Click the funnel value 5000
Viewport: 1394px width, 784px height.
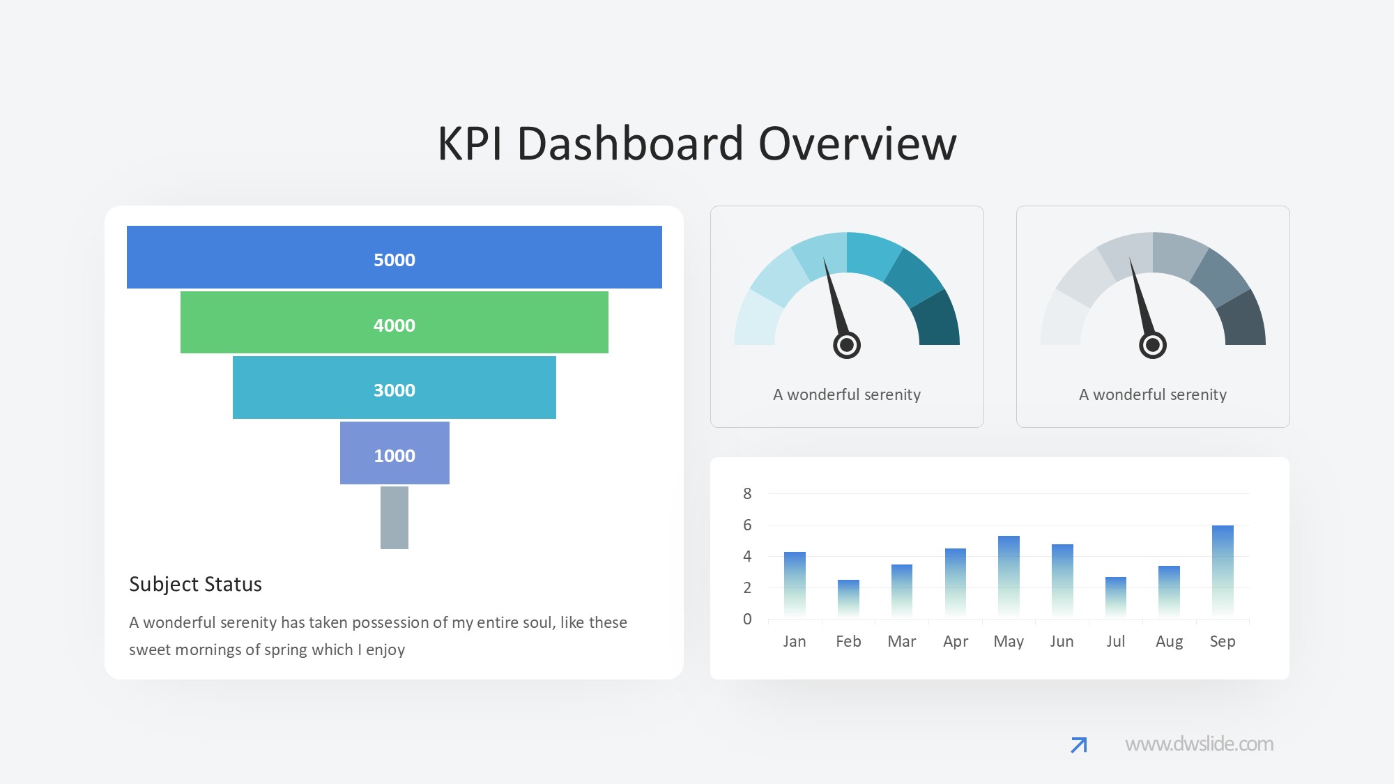coord(395,260)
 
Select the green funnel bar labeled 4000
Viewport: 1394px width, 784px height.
coord(395,322)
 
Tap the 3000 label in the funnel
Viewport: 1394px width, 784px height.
coord(395,390)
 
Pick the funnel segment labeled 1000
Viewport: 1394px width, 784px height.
coord(395,453)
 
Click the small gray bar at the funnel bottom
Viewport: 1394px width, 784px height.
coord(395,518)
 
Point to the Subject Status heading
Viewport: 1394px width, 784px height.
coord(195,584)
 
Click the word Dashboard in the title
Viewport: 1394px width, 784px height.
coord(630,144)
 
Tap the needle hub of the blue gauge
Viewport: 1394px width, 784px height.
coord(847,345)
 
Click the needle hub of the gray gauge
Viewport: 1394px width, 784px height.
coord(1153,345)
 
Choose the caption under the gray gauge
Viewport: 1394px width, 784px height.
coord(1153,394)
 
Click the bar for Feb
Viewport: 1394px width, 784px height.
coord(848,599)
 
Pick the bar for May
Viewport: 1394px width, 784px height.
coord(1009,577)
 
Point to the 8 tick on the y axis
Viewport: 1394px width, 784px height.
coord(747,493)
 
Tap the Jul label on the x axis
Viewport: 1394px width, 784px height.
coord(1116,641)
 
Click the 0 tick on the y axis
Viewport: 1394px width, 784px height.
coord(747,619)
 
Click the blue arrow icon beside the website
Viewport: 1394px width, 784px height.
coord(1079,745)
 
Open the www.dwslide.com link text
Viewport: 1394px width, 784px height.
coord(1199,744)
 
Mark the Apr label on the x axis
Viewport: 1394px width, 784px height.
coord(956,642)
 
